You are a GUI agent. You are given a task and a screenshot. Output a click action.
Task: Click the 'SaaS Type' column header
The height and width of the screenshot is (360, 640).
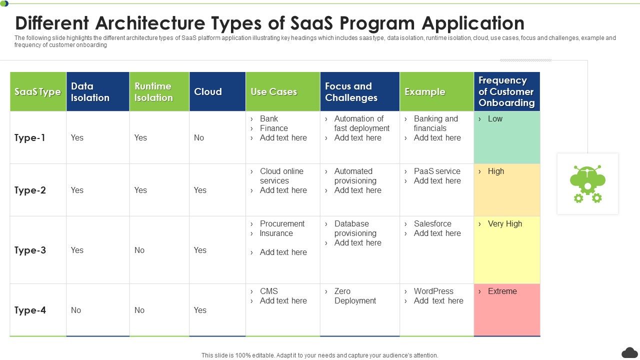point(38,92)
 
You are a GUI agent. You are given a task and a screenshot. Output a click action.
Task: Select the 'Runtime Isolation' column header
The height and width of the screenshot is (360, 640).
point(153,92)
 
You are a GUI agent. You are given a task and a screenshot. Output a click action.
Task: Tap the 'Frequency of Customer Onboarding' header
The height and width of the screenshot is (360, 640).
point(506,91)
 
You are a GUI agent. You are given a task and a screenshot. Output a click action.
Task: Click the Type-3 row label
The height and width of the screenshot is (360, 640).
point(30,250)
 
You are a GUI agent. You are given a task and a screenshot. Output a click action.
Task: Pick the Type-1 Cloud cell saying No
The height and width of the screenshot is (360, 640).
point(199,138)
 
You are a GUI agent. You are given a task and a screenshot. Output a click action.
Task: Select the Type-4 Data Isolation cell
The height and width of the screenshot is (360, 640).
point(76,310)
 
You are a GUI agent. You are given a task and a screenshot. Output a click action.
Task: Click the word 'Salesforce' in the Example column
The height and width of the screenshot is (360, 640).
point(432,223)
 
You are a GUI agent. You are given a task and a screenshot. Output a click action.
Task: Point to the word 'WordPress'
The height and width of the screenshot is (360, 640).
point(433,291)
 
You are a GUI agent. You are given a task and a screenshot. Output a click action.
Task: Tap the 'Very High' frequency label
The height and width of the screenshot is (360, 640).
point(504,223)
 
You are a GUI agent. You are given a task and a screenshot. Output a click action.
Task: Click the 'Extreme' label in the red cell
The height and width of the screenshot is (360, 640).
point(502,291)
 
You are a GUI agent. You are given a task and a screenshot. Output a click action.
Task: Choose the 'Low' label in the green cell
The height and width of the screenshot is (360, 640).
point(495,118)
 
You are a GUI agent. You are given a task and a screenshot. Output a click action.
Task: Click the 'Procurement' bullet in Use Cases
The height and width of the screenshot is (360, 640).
point(282,223)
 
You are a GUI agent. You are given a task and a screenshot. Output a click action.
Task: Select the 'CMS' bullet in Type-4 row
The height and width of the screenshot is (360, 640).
point(269,291)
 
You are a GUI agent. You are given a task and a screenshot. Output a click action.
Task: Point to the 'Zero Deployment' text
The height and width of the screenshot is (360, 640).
point(355,296)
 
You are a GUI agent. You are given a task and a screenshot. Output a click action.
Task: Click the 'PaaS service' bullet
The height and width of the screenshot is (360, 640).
point(437,171)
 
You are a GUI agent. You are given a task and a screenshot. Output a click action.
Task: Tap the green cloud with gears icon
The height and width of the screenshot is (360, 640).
point(587,183)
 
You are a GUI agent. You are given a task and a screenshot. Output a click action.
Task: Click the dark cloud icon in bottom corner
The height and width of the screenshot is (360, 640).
point(629,352)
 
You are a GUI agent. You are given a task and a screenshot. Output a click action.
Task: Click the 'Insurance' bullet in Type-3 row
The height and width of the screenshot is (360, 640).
point(276,233)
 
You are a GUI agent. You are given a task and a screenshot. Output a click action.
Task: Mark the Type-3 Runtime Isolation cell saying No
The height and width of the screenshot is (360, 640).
point(139,250)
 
